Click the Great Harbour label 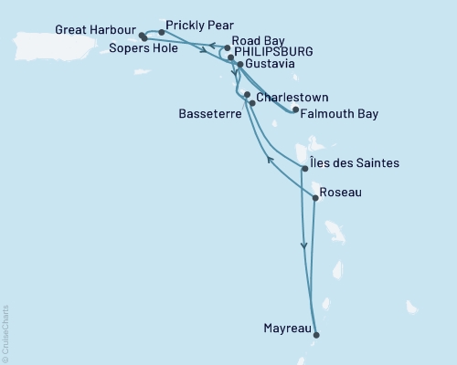pyautogui.click(x=91, y=28)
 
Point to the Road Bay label pyautogui.click(x=260, y=41)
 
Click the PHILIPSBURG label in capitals pyautogui.click(x=273, y=53)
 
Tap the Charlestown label pyautogui.click(x=292, y=97)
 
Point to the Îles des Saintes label pyautogui.click(x=355, y=163)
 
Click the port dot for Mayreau pyautogui.click(x=317, y=335)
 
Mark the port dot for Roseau pyautogui.click(x=315, y=198)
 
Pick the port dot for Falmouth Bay pyautogui.click(x=295, y=109)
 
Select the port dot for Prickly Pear pyautogui.click(x=161, y=32)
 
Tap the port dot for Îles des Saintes pyautogui.click(x=304, y=169)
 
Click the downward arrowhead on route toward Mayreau pyautogui.click(x=303, y=245)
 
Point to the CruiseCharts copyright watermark pyautogui.click(x=5, y=333)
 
